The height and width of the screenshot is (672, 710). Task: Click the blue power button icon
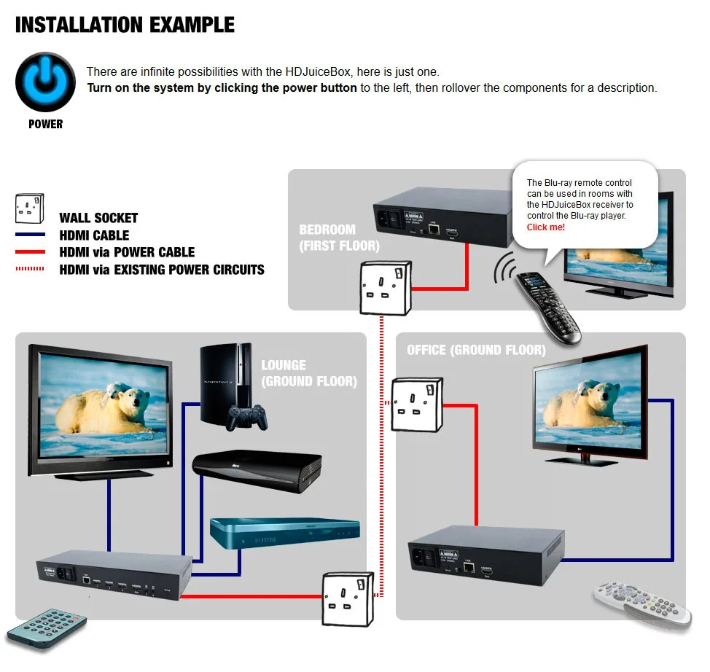[x=45, y=81]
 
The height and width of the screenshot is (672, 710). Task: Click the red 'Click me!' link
[x=545, y=227]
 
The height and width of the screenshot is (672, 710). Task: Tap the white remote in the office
[x=646, y=604]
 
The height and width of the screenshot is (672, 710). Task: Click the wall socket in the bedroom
[x=383, y=286]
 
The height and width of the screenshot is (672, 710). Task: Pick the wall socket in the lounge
[x=348, y=596]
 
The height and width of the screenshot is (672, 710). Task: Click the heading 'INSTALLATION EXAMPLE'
[x=125, y=25]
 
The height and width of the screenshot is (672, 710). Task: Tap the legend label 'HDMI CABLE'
[x=94, y=235]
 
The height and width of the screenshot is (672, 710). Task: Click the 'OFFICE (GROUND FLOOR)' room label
[x=476, y=350]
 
